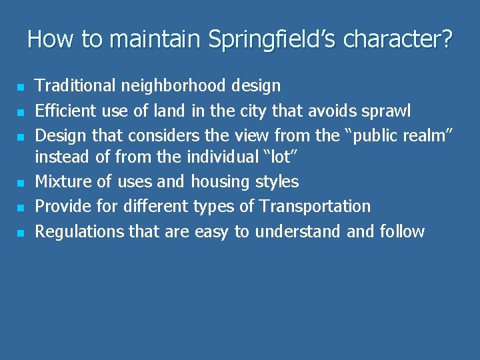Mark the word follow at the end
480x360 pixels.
(x=402, y=231)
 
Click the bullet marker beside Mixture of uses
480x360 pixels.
(x=21, y=183)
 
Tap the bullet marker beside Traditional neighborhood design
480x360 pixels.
(x=21, y=87)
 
